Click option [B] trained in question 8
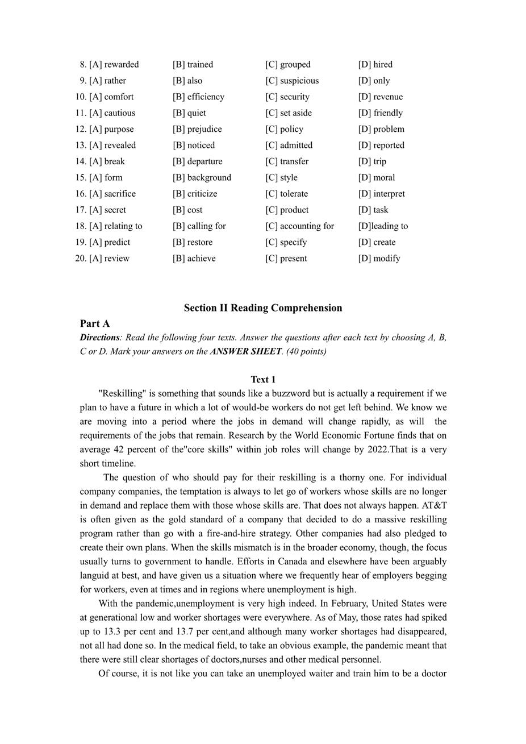tap(193, 65)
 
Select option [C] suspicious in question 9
tap(292, 81)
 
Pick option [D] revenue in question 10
tap(380, 97)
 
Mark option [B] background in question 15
tap(202, 177)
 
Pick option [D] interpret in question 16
tap(381, 194)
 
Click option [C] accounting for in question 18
tap(299, 226)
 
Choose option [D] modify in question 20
tap(379, 259)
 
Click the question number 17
tap(81, 210)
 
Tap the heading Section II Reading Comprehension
tap(263, 308)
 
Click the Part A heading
tap(95, 324)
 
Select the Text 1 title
tap(263, 380)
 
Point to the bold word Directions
tap(99, 338)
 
